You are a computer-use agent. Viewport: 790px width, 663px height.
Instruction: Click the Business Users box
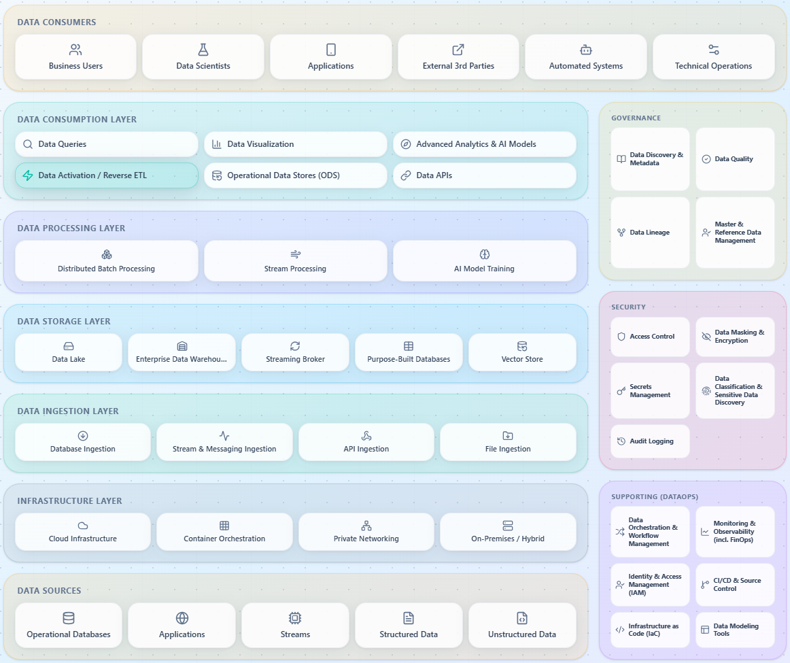[x=75, y=57]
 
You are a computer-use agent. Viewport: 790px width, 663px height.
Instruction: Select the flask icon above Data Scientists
[x=203, y=50]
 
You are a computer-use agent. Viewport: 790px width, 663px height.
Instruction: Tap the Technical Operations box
[x=713, y=57]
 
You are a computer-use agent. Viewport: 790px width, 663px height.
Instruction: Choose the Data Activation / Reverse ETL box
[x=106, y=175]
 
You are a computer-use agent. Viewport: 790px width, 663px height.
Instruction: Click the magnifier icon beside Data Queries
[x=28, y=144]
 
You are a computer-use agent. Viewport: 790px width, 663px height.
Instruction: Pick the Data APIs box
[x=484, y=175]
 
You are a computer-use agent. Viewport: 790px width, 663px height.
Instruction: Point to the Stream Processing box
[x=295, y=260]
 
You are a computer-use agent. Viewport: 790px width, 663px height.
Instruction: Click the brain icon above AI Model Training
[x=484, y=254]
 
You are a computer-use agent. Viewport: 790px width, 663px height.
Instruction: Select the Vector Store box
[x=522, y=352]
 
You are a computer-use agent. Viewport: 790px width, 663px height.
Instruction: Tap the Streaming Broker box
[x=295, y=352]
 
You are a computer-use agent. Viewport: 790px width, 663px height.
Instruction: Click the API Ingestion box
[x=366, y=442]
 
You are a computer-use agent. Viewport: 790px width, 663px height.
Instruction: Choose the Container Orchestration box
[x=224, y=532]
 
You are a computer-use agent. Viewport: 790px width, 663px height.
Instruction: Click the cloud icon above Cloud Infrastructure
[x=83, y=526]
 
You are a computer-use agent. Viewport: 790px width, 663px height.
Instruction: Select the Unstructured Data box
[x=522, y=625]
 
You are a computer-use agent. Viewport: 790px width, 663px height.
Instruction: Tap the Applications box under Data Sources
[x=182, y=625]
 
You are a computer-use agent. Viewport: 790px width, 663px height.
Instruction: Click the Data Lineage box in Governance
[x=650, y=233]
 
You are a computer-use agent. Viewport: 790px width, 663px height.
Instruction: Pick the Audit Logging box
[x=650, y=441]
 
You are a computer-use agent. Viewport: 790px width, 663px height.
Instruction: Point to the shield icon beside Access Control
[x=621, y=337]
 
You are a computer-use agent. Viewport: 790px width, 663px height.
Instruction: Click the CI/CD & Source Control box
[x=735, y=584]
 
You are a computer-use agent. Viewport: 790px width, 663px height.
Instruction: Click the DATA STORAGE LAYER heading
[x=63, y=322]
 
